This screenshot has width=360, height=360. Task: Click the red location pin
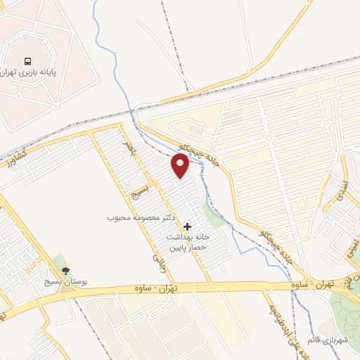coord(181,166)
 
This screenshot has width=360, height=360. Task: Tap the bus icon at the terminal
coord(28,60)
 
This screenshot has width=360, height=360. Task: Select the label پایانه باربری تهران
coord(29,72)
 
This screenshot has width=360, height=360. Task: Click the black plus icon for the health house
coord(187,226)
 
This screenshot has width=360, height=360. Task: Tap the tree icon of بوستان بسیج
coord(66,269)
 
